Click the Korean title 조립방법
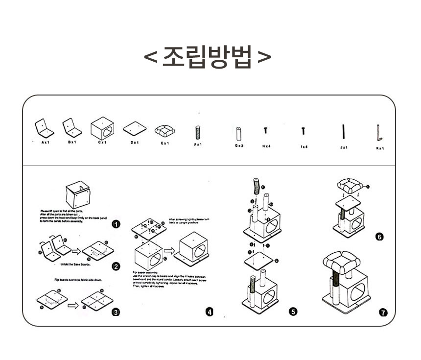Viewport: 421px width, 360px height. point(208,57)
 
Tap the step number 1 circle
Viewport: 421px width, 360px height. point(116,225)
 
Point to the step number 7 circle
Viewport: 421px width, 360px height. point(383,312)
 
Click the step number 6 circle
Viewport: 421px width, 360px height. point(379,237)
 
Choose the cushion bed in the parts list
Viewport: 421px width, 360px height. point(165,130)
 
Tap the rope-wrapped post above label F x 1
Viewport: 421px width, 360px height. point(198,132)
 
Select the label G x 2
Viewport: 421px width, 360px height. point(239,146)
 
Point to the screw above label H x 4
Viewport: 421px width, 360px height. point(265,130)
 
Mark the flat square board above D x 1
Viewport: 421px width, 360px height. point(135,129)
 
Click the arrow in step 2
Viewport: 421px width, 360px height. point(76,251)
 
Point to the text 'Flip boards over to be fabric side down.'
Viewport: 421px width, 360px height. point(78,280)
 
